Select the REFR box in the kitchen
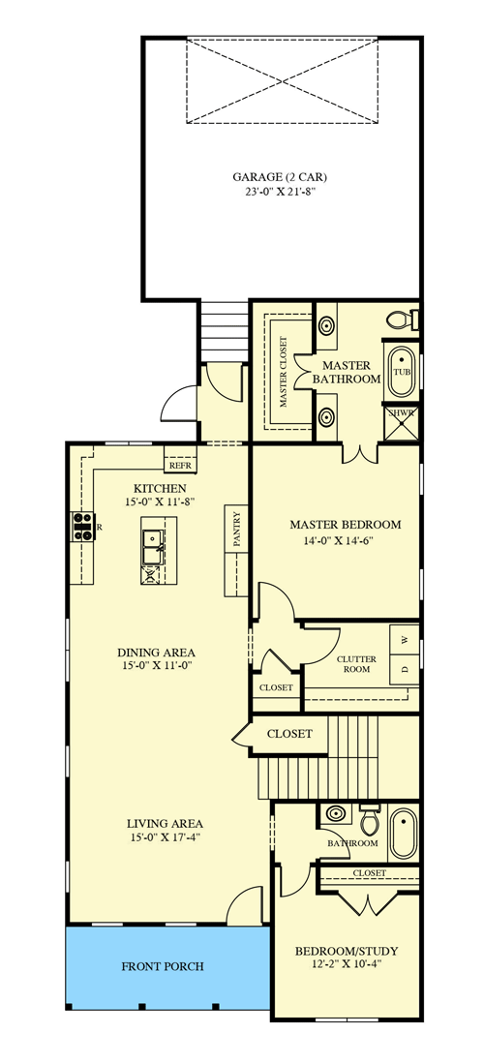click(x=180, y=465)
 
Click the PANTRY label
click(x=236, y=530)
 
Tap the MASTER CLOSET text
click(x=284, y=373)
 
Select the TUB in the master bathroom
click(x=401, y=371)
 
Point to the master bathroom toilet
click(x=398, y=319)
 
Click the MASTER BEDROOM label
click(x=345, y=525)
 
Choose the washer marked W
click(x=404, y=639)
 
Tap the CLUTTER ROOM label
click(x=355, y=664)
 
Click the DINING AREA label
click(x=158, y=652)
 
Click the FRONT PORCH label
click(x=163, y=966)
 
